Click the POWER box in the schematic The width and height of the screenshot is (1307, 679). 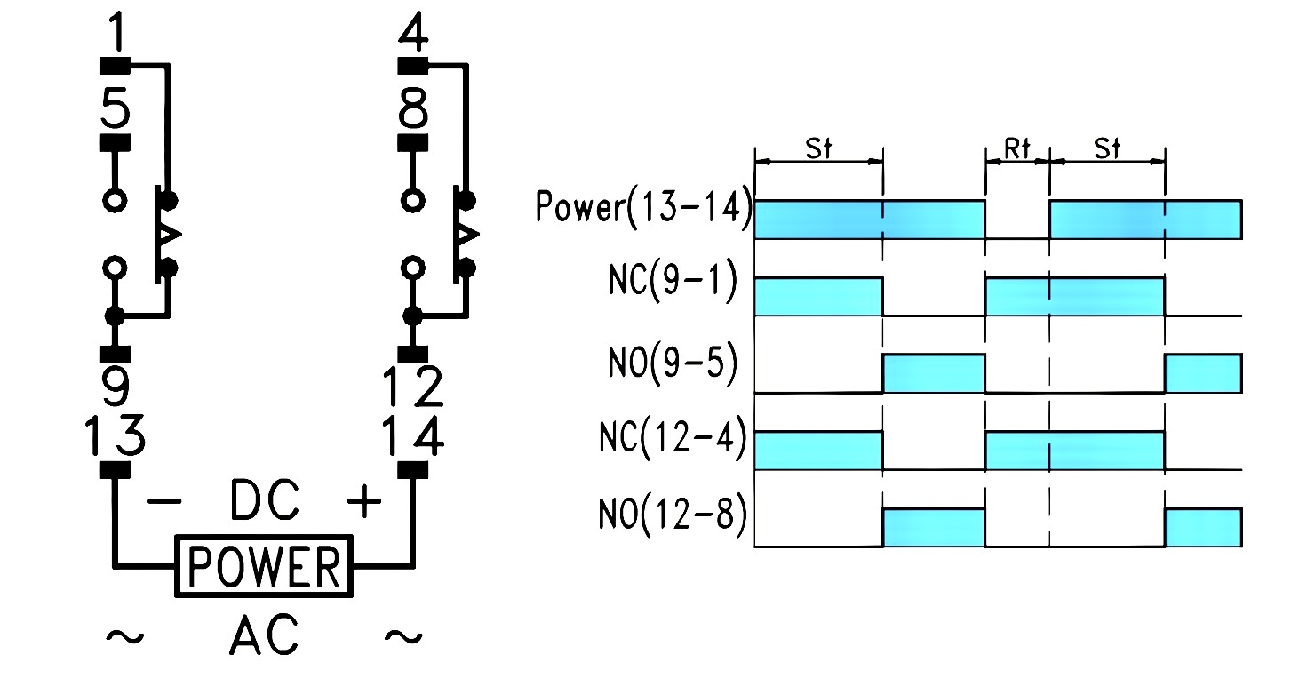pos(266,565)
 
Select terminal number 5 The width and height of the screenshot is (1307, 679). pos(115,112)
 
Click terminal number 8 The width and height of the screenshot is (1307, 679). pos(413,112)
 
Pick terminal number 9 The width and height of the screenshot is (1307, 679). pos(115,387)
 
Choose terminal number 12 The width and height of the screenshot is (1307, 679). pos(413,387)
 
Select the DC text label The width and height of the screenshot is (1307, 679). pos(264,502)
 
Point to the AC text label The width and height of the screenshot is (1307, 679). pos(264,637)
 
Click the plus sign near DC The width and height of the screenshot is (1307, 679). pos(363,503)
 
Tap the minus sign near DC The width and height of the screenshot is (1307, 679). pos(163,503)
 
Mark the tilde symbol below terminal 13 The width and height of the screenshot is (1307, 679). pos(124,637)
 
